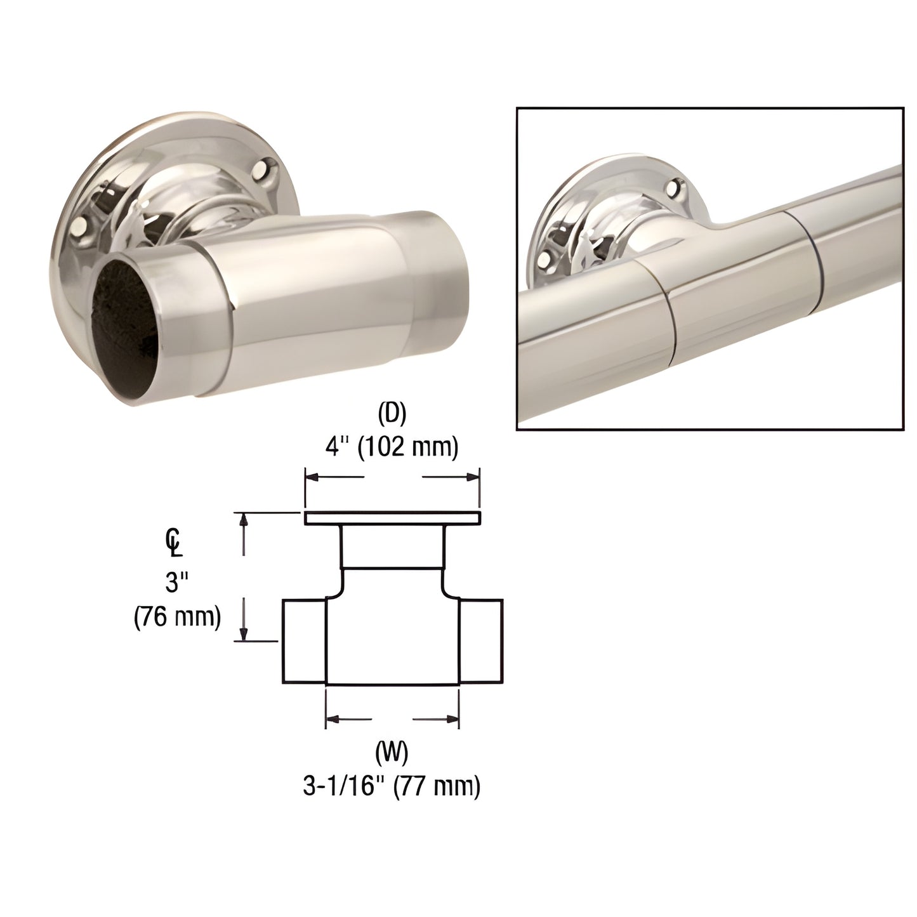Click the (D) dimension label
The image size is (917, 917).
pos(392,414)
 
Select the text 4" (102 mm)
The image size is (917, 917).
pos(392,448)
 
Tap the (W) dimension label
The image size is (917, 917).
pos(392,753)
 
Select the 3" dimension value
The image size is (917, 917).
pos(177,581)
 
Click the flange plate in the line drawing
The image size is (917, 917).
pos(392,518)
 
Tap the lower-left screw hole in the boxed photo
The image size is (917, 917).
pos(544,260)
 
